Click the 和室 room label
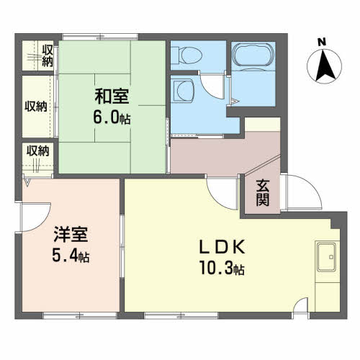click(x=112, y=96)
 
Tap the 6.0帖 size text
click(x=112, y=118)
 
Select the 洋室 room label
click(x=71, y=234)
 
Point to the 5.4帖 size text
click(x=71, y=256)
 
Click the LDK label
click(x=222, y=247)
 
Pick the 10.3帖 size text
click(x=222, y=268)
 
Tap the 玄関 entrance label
click(x=263, y=193)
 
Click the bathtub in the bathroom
click(x=253, y=55)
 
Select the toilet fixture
click(x=186, y=55)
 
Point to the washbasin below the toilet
click(x=183, y=91)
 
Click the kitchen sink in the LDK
click(x=326, y=257)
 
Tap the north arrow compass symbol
click(x=325, y=66)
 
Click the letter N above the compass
click(x=322, y=42)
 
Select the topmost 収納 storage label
click(x=48, y=55)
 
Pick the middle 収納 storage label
click(x=36, y=107)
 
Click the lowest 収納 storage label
click(x=37, y=150)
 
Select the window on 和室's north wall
click(x=100, y=37)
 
